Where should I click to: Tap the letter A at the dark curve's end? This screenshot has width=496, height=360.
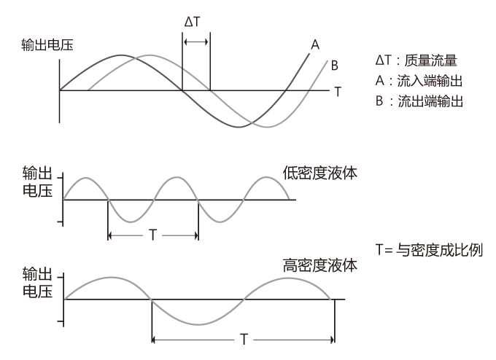click(315, 45)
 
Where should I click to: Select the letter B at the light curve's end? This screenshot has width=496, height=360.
click(334, 66)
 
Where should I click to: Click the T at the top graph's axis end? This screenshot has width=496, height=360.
click(338, 92)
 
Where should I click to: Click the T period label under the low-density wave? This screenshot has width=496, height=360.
click(152, 235)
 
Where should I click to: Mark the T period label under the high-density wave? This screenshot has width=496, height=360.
click(242, 339)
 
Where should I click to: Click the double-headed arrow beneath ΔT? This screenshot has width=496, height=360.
click(195, 43)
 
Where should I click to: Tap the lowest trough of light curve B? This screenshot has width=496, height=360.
click(268, 127)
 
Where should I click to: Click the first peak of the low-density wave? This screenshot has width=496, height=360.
click(86, 178)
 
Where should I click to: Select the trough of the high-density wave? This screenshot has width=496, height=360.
click(197, 324)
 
